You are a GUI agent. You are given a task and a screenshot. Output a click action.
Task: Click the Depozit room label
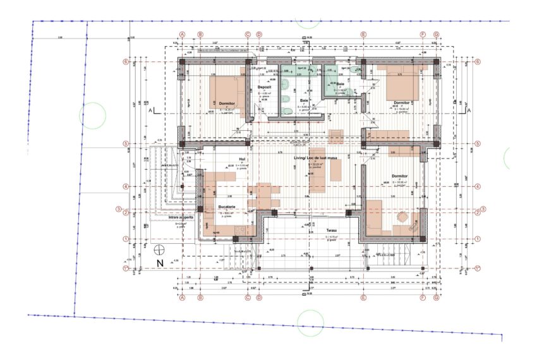tap(263, 87)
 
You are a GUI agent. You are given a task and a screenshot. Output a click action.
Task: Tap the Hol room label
tap(241, 159)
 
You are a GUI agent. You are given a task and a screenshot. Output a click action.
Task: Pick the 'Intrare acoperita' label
tap(181, 217)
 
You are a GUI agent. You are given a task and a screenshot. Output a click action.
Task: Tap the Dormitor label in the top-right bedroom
tap(402, 102)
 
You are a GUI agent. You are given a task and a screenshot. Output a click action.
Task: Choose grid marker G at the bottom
tap(436, 297)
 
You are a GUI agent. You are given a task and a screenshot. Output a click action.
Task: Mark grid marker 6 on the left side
tap(126, 62)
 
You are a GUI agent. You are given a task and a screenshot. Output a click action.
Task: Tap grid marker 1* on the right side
tap(483, 268)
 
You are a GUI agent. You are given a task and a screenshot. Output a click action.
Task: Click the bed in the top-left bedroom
tap(226, 95)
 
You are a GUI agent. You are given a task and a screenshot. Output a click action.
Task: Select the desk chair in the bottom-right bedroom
tap(401, 217)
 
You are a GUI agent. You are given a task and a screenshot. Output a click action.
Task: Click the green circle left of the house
tap(92, 116)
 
